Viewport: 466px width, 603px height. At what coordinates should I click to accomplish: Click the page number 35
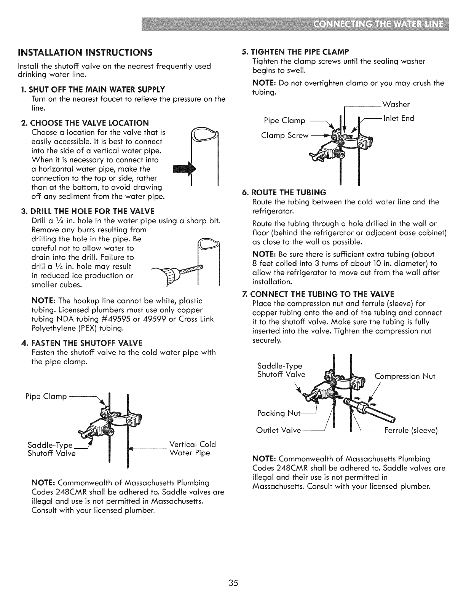point(233,583)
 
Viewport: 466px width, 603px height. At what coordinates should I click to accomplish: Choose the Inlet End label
point(399,118)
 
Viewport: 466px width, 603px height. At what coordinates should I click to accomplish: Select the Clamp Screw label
point(284,136)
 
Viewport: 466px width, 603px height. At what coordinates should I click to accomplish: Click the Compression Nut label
point(405,376)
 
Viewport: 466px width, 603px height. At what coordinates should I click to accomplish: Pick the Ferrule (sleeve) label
point(411,431)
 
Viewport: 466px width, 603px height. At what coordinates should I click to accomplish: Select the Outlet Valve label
point(279,431)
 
